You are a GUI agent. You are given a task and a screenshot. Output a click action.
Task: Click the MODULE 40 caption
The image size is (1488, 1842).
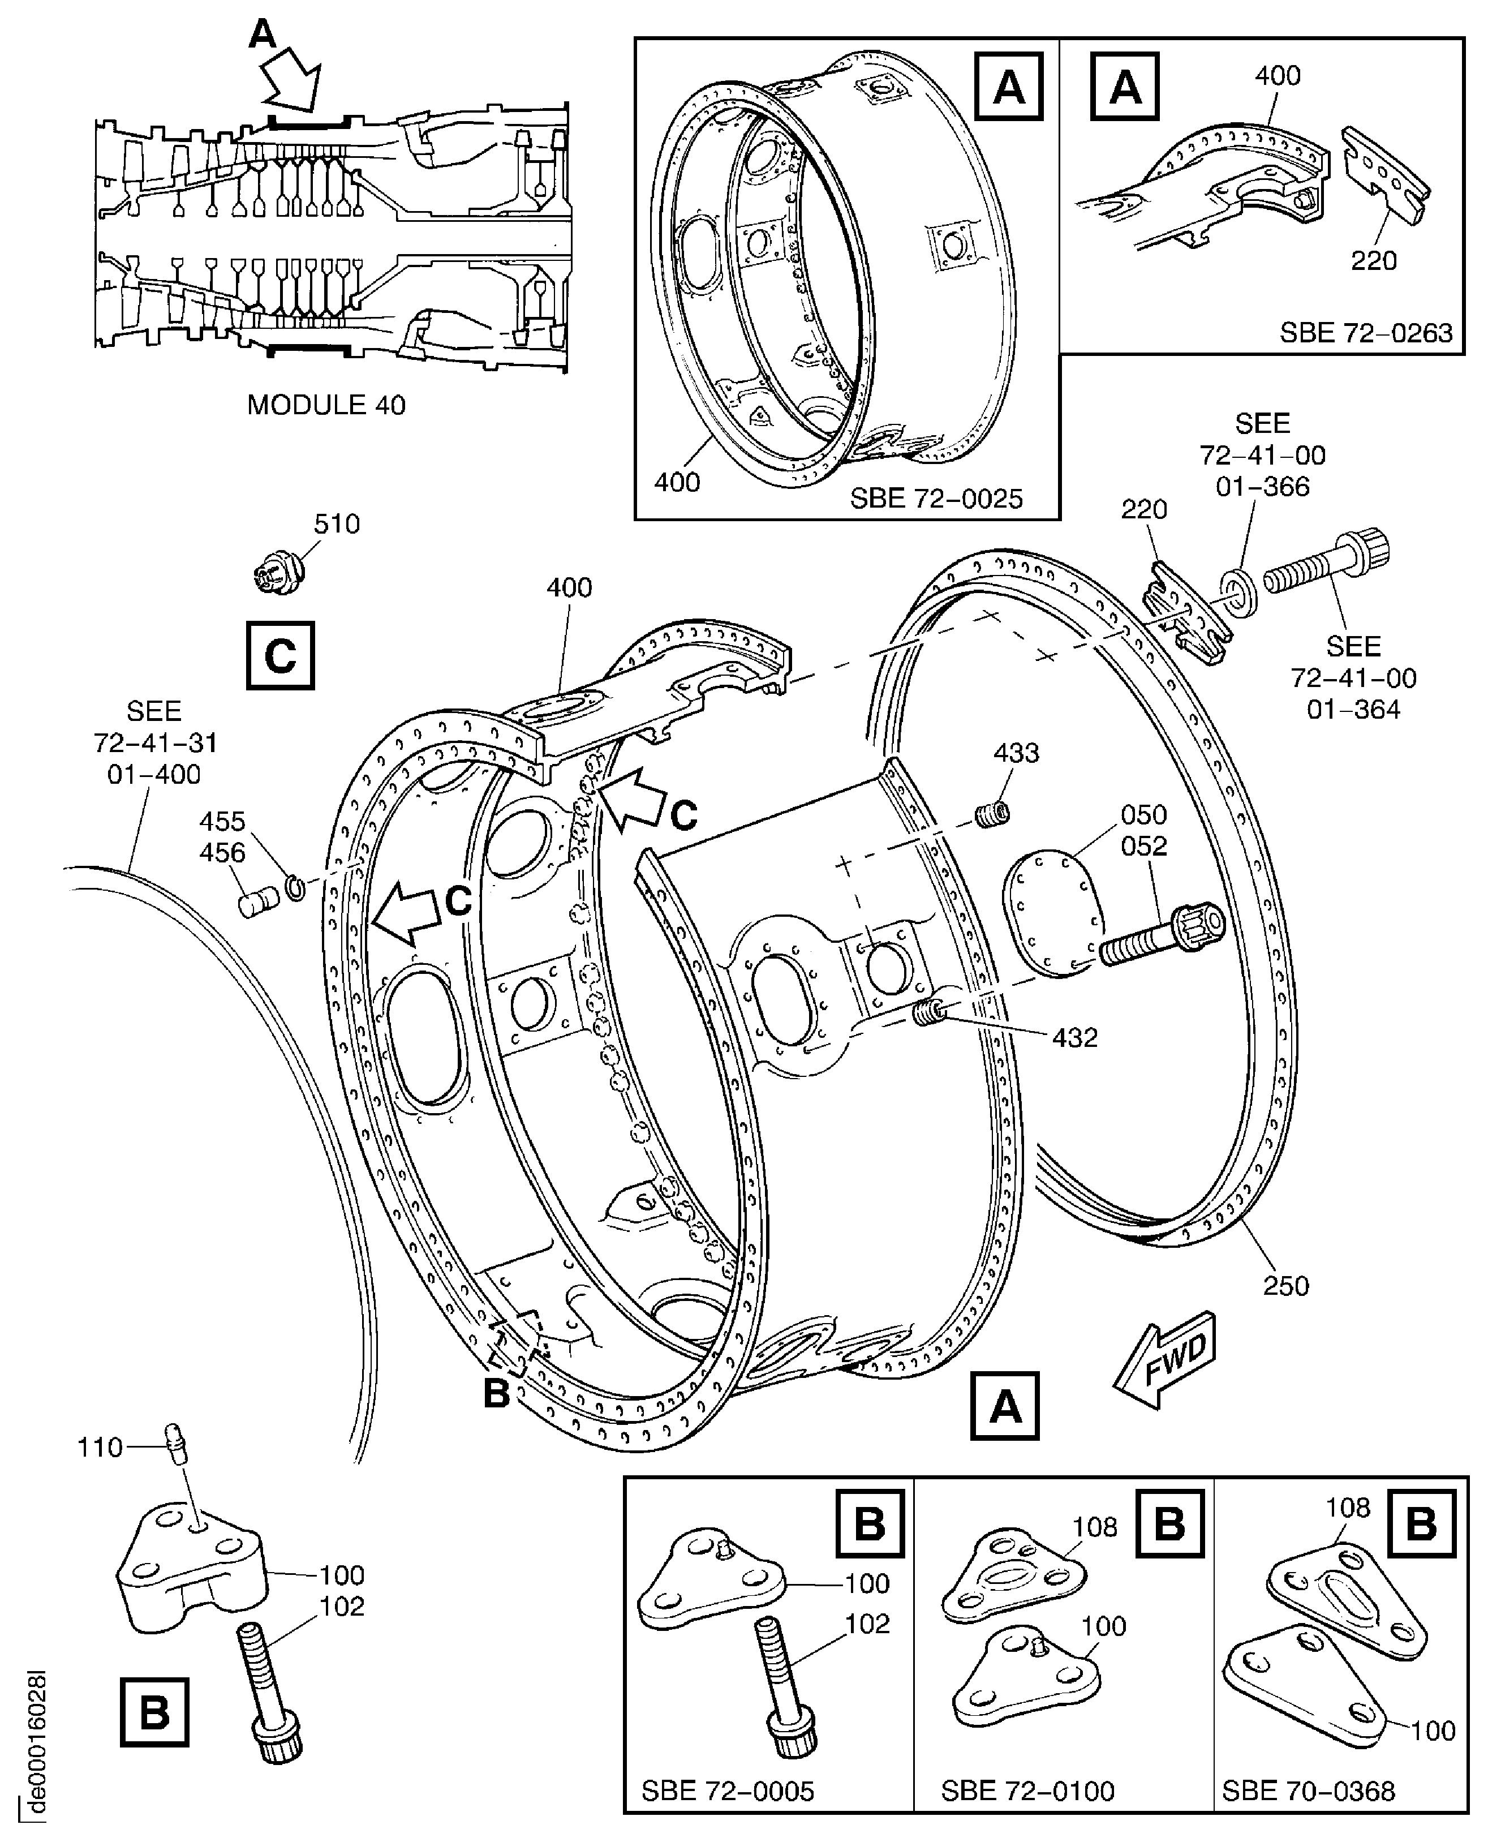click(x=326, y=405)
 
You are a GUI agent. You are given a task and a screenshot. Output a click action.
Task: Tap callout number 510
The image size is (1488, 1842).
click(x=336, y=523)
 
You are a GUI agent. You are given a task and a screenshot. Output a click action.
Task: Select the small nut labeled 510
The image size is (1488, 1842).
click(x=273, y=575)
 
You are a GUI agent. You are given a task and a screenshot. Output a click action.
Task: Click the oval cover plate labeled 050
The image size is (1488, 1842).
click(x=1050, y=912)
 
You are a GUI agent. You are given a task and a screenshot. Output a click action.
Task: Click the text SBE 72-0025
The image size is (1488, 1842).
click(x=936, y=499)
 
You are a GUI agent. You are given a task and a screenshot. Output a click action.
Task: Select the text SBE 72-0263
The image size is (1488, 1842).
click(x=1366, y=333)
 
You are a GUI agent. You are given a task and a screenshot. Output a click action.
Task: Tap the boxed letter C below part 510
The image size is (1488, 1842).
click(x=280, y=656)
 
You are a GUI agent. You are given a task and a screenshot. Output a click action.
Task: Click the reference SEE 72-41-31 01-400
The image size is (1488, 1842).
click(x=154, y=742)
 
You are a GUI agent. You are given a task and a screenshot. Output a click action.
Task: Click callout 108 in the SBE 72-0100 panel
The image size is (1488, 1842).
click(x=1095, y=1527)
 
